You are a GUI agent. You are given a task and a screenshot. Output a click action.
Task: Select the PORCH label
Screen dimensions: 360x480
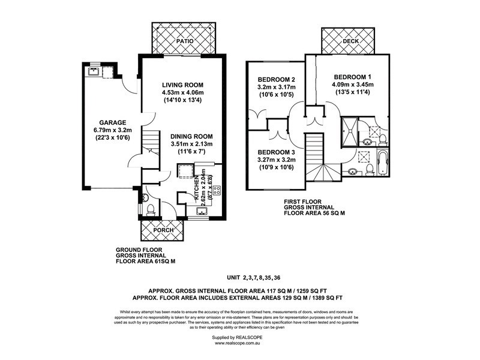pos(163,230)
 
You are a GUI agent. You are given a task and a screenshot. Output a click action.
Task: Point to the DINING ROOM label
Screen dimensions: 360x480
pos(188,136)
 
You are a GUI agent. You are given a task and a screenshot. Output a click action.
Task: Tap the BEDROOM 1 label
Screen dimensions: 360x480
pos(353,77)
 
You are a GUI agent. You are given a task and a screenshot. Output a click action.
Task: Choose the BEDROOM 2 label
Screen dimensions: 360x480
pos(277,80)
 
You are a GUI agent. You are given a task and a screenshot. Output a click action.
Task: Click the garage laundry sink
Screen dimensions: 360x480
pos(94,72)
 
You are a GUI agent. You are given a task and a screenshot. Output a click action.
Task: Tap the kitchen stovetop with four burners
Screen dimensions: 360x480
pos(216,190)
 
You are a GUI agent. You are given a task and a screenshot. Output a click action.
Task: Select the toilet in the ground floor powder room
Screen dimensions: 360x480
pos(150,209)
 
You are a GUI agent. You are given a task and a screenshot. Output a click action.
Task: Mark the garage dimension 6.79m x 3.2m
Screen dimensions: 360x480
pos(100,131)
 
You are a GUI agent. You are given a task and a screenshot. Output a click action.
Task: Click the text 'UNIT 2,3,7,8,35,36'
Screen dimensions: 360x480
pos(262,278)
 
